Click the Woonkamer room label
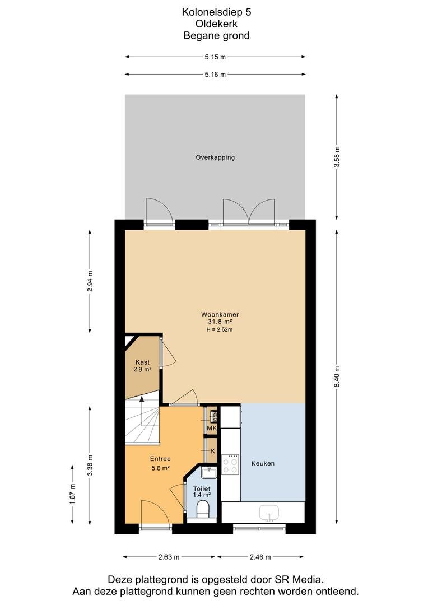click(x=220, y=314)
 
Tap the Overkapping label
click(x=215, y=157)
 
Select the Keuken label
click(x=263, y=463)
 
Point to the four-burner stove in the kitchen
click(x=230, y=464)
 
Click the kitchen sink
click(x=268, y=513)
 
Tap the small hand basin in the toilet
click(x=209, y=472)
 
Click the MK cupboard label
click(x=212, y=429)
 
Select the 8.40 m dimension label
click(x=337, y=377)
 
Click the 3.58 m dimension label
click(x=337, y=157)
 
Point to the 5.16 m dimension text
click(x=215, y=75)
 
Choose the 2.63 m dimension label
click(x=169, y=557)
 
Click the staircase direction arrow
click(x=142, y=411)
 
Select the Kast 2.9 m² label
click(x=142, y=366)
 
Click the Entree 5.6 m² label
click(x=160, y=463)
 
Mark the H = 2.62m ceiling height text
click(x=220, y=329)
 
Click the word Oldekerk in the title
click(x=216, y=24)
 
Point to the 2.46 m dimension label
click(x=260, y=557)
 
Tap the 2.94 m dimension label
click(x=90, y=282)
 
